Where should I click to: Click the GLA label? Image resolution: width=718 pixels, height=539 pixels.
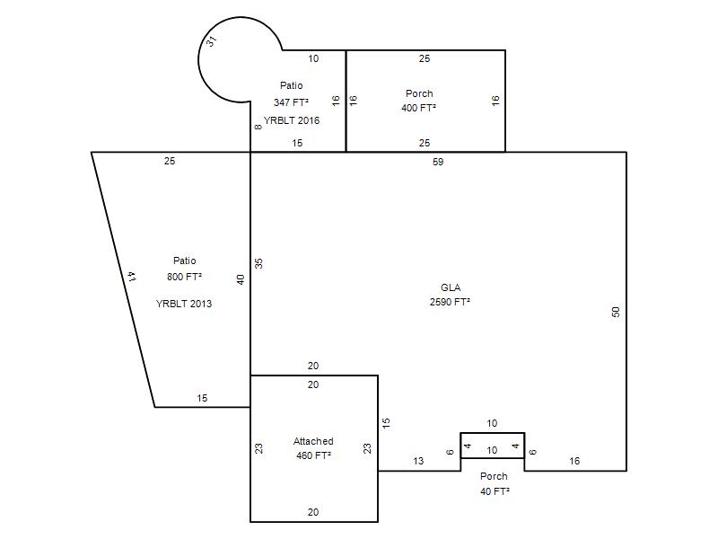(451, 287)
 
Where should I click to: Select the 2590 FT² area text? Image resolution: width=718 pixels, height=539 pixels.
(450, 302)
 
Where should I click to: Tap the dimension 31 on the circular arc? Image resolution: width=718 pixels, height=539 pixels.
(211, 41)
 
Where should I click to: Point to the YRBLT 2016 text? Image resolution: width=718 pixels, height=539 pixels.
(292, 120)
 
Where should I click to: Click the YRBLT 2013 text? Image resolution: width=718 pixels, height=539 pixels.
(184, 304)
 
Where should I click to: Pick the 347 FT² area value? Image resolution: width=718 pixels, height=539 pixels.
(291, 102)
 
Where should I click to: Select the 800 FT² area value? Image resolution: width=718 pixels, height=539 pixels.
(185, 277)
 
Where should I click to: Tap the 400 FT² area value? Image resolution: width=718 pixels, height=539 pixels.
(418, 108)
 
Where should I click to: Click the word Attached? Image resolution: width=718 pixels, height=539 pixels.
(313, 441)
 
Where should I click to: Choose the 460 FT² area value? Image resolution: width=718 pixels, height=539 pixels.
(313, 455)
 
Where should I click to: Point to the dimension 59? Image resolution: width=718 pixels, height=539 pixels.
(438, 162)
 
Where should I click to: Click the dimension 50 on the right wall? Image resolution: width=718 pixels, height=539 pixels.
(616, 312)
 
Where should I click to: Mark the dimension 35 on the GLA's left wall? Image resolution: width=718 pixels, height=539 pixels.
(258, 263)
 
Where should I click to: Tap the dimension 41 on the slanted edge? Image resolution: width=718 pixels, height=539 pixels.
(131, 277)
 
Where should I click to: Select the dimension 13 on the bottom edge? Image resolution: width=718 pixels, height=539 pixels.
(418, 461)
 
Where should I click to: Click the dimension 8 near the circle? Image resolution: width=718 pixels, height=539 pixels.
(258, 127)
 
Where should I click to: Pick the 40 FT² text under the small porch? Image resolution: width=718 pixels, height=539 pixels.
(495, 491)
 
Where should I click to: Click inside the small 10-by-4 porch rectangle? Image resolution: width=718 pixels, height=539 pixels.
(492, 446)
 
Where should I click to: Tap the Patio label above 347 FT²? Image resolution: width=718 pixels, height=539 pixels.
(291, 85)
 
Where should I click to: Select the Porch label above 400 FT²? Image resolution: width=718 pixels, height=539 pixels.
(419, 93)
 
